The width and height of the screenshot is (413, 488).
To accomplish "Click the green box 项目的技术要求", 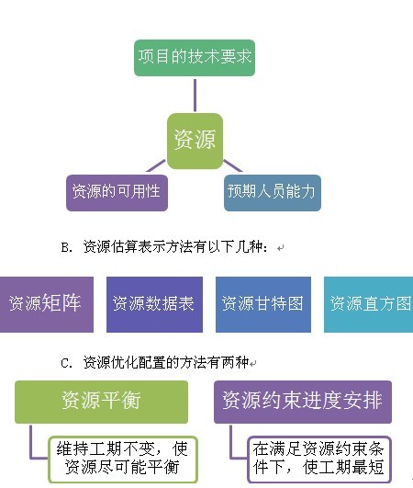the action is pyautogui.click(x=195, y=58).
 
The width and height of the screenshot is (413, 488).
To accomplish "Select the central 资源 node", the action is pyautogui.click(x=195, y=141).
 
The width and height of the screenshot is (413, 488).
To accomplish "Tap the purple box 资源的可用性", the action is pyautogui.click(x=117, y=193).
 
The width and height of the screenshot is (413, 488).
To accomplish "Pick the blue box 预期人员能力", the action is pyautogui.click(x=273, y=193).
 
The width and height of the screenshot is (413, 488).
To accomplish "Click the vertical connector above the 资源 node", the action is pyautogui.click(x=195, y=96).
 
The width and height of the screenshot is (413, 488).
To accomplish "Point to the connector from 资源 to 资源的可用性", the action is pyautogui.click(x=156, y=165).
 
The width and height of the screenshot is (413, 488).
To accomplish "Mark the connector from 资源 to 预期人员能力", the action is pyautogui.click(x=233, y=165).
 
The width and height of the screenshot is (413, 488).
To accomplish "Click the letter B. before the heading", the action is pyautogui.click(x=67, y=248).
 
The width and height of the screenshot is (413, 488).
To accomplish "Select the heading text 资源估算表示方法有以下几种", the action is pyautogui.click(x=175, y=247).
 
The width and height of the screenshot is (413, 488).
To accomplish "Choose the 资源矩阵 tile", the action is pyautogui.click(x=47, y=304).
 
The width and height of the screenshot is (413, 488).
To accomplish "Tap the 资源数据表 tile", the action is pyautogui.click(x=154, y=304).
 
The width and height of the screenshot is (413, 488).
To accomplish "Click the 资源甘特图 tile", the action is pyautogui.click(x=263, y=304).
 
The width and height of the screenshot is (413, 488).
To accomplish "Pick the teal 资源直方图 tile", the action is pyautogui.click(x=369, y=304).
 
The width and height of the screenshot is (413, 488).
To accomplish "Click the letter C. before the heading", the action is pyautogui.click(x=67, y=363).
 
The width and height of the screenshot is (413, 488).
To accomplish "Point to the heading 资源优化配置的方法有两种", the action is pyautogui.click(x=166, y=362).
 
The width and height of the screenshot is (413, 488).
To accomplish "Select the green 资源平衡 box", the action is pyautogui.click(x=101, y=402).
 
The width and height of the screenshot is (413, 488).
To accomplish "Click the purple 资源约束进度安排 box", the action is pyautogui.click(x=303, y=402).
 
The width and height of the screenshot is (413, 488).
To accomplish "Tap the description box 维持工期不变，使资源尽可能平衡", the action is pyautogui.click(x=123, y=460).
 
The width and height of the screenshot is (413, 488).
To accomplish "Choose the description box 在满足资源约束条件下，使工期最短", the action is pyautogui.click(x=319, y=460).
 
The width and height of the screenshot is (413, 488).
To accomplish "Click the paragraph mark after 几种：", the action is pyautogui.click(x=280, y=248).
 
